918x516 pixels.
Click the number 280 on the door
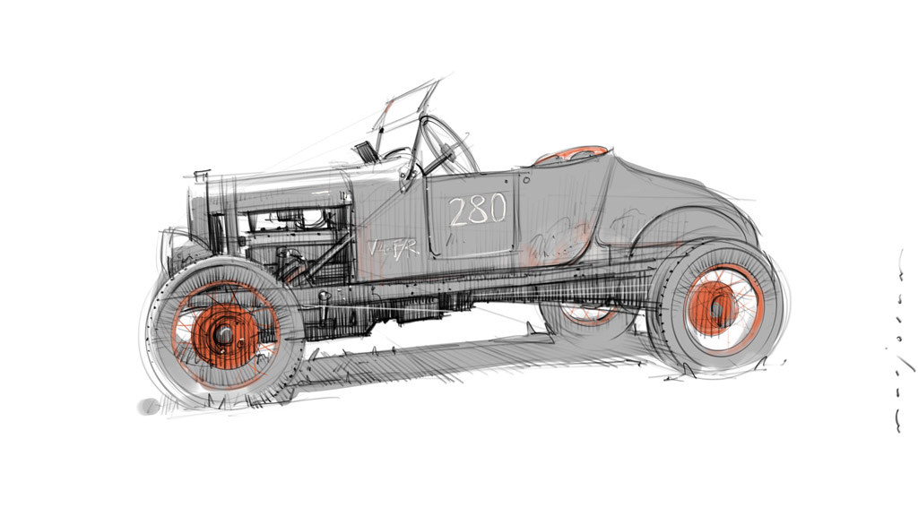coord(478,211)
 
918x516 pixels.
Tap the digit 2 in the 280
coord(458,211)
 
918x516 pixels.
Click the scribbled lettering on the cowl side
coord(394,246)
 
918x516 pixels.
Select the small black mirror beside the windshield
coord(365,150)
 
